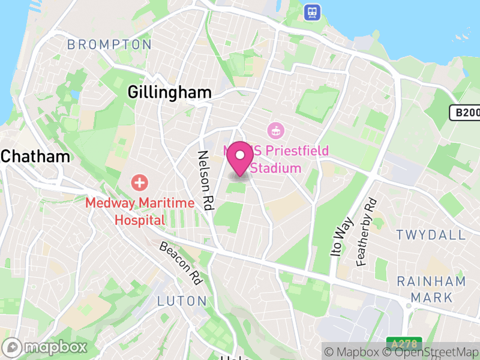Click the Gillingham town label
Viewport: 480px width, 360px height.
pyautogui.click(x=170, y=92)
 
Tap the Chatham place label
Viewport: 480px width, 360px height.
pyautogui.click(x=35, y=157)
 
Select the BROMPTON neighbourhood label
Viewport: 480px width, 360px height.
pyautogui.click(x=109, y=44)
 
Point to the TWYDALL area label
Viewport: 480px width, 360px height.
pyautogui.click(x=431, y=235)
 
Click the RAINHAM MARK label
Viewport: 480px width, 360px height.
pyautogui.click(x=431, y=289)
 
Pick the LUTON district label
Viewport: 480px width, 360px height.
pyautogui.click(x=182, y=301)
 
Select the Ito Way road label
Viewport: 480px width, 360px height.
pyautogui.click(x=340, y=238)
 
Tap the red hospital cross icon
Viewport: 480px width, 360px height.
pyautogui.click(x=139, y=181)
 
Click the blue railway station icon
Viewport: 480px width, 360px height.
pyautogui.click(x=312, y=11)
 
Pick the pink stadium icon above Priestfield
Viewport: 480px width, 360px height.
pyautogui.click(x=275, y=129)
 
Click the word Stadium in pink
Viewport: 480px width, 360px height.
pyautogui.click(x=276, y=167)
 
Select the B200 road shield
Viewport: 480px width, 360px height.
pyautogui.click(x=465, y=112)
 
